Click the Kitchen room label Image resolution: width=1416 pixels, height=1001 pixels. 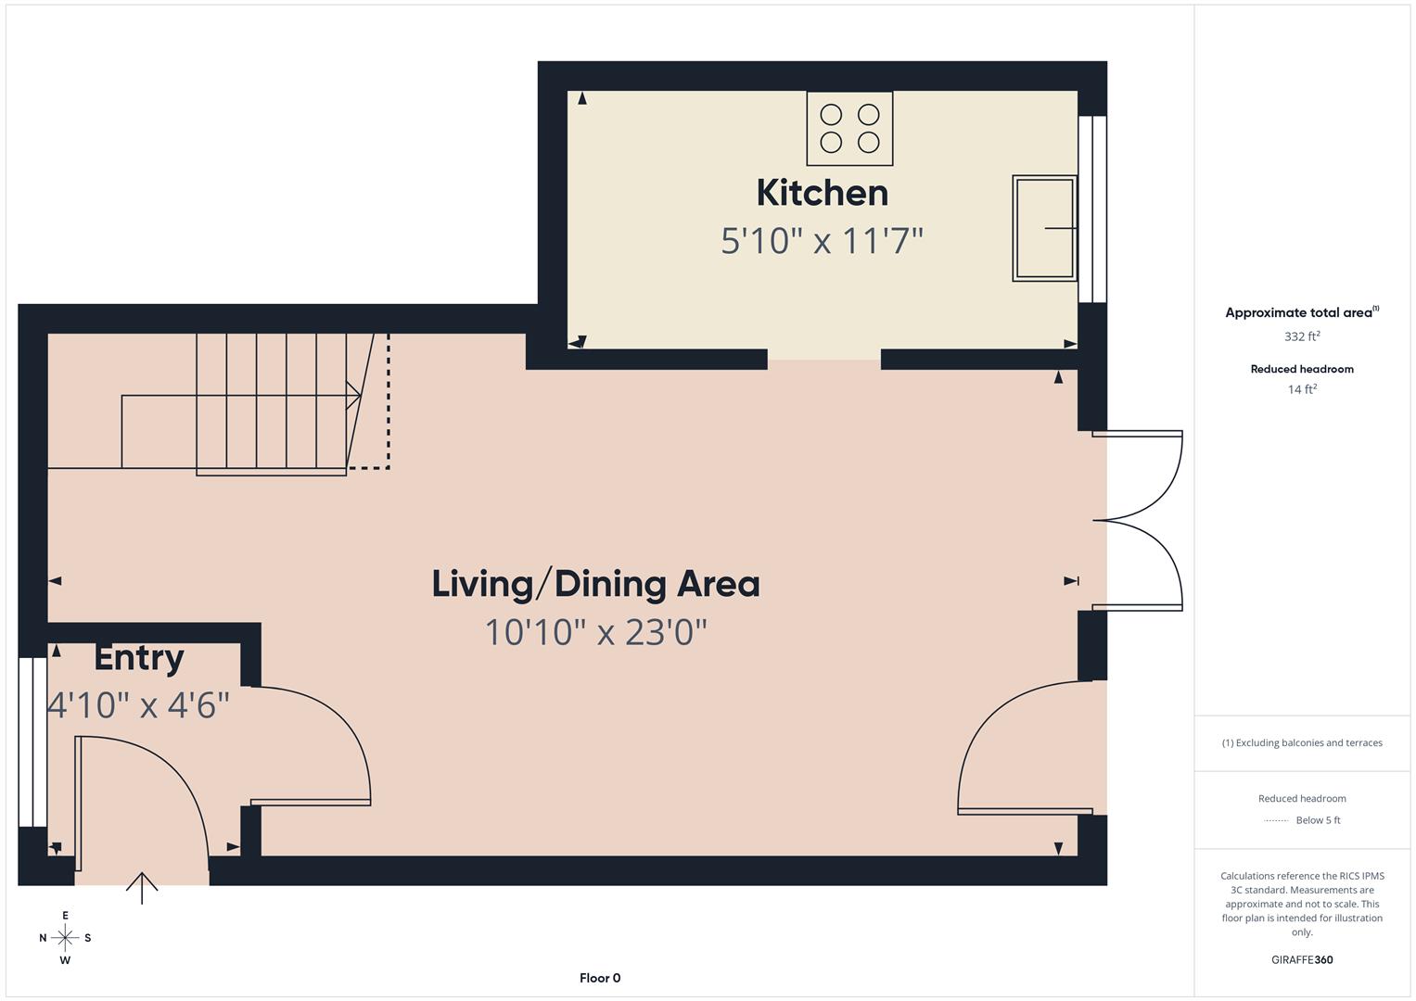coord(822,193)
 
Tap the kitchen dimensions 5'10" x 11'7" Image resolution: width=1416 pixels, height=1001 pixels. coord(822,241)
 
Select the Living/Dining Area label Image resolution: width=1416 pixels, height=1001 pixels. coord(595,584)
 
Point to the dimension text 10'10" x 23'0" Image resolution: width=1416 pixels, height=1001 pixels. coord(595,632)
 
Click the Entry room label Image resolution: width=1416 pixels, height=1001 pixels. coord(139,657)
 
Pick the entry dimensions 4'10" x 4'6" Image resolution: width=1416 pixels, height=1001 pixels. coord(138,704)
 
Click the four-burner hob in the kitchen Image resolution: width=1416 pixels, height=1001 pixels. coord(849,128)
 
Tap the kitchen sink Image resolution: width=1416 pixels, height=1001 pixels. coord(1044,228)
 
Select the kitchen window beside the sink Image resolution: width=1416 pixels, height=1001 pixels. coord(1092,209)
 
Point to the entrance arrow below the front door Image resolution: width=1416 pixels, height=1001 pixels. coord(142,887)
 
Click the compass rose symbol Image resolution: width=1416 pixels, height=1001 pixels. coord(65,938)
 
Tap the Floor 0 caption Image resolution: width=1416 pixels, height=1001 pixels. coord(599,978)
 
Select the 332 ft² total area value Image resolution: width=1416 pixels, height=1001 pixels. coord(1302,336)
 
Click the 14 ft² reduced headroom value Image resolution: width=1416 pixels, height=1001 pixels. coord(1302,389)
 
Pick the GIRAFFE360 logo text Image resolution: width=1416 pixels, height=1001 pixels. coord(1302,959)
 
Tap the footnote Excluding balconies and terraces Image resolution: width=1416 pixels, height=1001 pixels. coord(1302,742)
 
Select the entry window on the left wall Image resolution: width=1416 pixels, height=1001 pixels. coord(32,741)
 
